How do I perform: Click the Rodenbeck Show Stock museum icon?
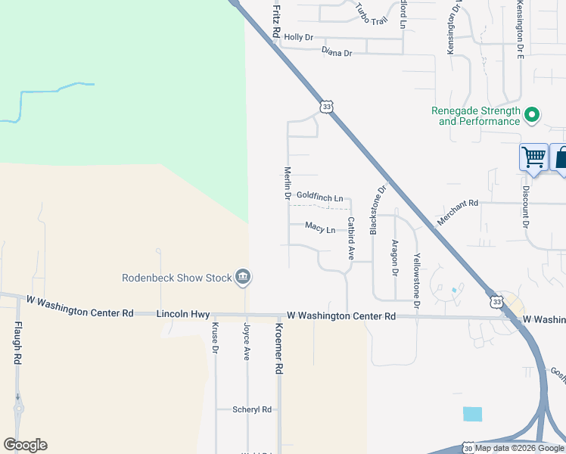[243, 278]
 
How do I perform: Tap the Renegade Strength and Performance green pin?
[532, 115]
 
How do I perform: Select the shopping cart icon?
[534, 157]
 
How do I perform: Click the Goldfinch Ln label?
[319, 195]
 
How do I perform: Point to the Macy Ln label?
[320, 227]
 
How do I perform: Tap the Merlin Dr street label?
[288, 184]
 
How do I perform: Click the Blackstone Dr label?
[374, 210]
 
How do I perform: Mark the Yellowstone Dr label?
[416, 281]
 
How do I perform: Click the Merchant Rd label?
[458, 213]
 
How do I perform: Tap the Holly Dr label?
[298, 37]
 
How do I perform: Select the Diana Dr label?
[337, 52]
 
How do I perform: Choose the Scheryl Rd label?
[252, 409]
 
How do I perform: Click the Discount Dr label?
[524, 207]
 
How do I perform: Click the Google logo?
[25, 445]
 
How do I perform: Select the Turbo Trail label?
[372, 17]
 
